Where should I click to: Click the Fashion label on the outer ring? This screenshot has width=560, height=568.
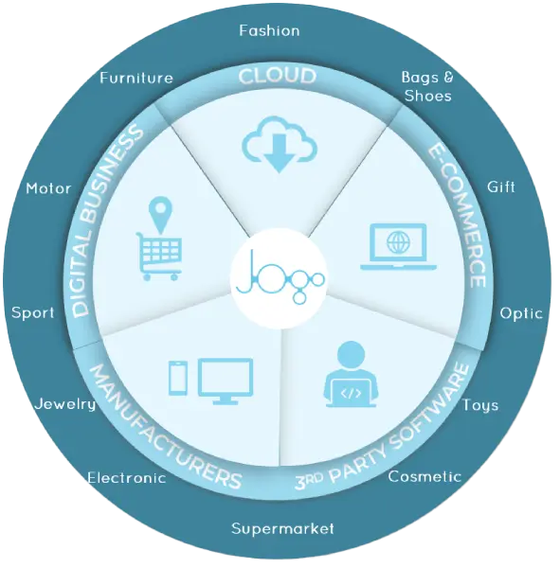pos(269,31)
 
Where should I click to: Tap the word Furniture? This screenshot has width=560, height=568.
pos(136,78)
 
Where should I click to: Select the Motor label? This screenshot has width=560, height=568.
pos(48,188)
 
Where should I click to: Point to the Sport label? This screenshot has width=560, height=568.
pos(32,313)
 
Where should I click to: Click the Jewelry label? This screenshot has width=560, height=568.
pos(65,404)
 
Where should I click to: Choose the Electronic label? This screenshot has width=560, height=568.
pos(127,478)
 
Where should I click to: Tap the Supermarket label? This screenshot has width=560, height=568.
pos(282,529)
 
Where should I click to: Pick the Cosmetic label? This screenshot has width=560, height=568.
pos(425,476)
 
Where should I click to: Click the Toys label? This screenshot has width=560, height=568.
pos(480,406)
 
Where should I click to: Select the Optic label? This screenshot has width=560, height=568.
pos(521,313)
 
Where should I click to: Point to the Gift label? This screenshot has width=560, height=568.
pos(501,186)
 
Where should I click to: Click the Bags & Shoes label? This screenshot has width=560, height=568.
pos(427,86)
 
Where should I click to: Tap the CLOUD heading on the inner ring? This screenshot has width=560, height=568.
pos(278,76)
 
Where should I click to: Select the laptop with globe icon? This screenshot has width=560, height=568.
pos(398,246)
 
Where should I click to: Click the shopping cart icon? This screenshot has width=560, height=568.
pos(159,257)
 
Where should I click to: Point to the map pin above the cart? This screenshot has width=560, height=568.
pos(161,215)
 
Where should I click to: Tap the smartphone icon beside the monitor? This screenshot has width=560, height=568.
pos(178,378)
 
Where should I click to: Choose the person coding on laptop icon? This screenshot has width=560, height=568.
pos(351,375)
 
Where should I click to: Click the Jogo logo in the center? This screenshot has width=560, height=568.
pos(280,278)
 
